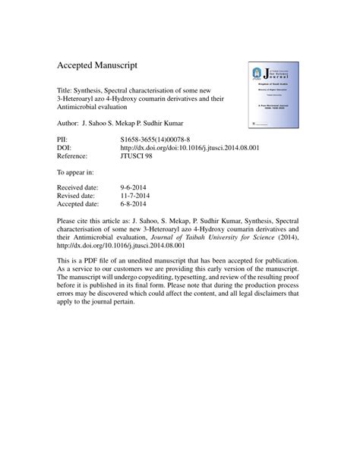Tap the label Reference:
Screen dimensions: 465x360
(x=75, y=156)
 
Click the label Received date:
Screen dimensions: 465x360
(x=81, y=187)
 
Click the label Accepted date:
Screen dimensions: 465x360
(x=81, y=203)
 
